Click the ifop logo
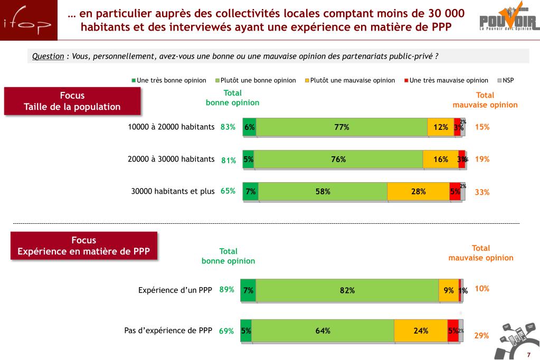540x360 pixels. click(x=29, y=21)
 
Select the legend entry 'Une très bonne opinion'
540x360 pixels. click(x=169, y=80)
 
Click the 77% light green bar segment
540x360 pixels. click(x=342, y=127)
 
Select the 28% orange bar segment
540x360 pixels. click(x=418, y=192)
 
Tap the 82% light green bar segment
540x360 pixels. click(x=347, y=290)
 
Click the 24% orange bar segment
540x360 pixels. click(x=421, y=331)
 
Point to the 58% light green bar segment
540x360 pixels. click(x=323, y=192)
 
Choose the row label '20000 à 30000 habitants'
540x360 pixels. click(x=171, y=159)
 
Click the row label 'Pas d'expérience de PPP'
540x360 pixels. click(x=168, y=330)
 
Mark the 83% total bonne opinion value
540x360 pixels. click(x=228, y=127)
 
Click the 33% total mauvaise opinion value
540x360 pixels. click(x=482, y=192)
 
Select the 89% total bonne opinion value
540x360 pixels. click(x=226, y=289)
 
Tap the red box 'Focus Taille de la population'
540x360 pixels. click(x=72, y=101)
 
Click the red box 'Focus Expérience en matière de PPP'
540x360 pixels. click(x=84, y=246)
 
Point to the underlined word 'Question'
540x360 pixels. click(x=48, y=56)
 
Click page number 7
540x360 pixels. click(x=528, y=354)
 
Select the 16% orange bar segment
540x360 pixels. click(x=440, y=159)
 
